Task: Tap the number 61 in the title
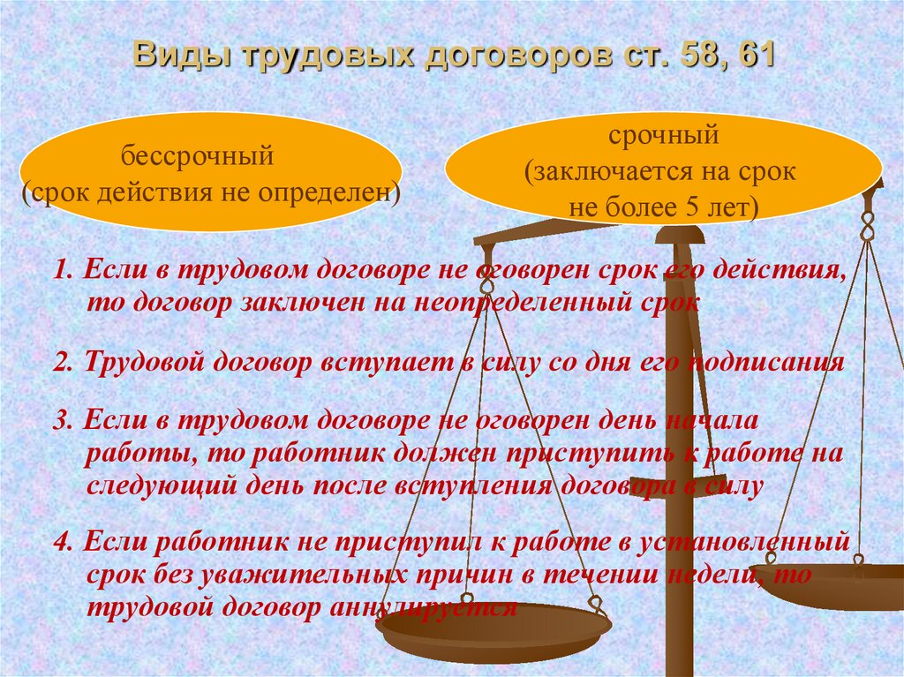click(x=755, y=55)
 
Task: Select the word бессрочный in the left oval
click(x=197, y=155)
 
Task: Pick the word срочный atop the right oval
click(x=664, y=136)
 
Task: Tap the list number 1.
click(x=63, y=270)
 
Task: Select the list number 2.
click(x=62, y=362)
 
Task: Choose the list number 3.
click(x=63, y=420)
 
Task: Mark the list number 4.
click(x=63, y=542)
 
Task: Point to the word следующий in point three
click(x=162, y=486)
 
